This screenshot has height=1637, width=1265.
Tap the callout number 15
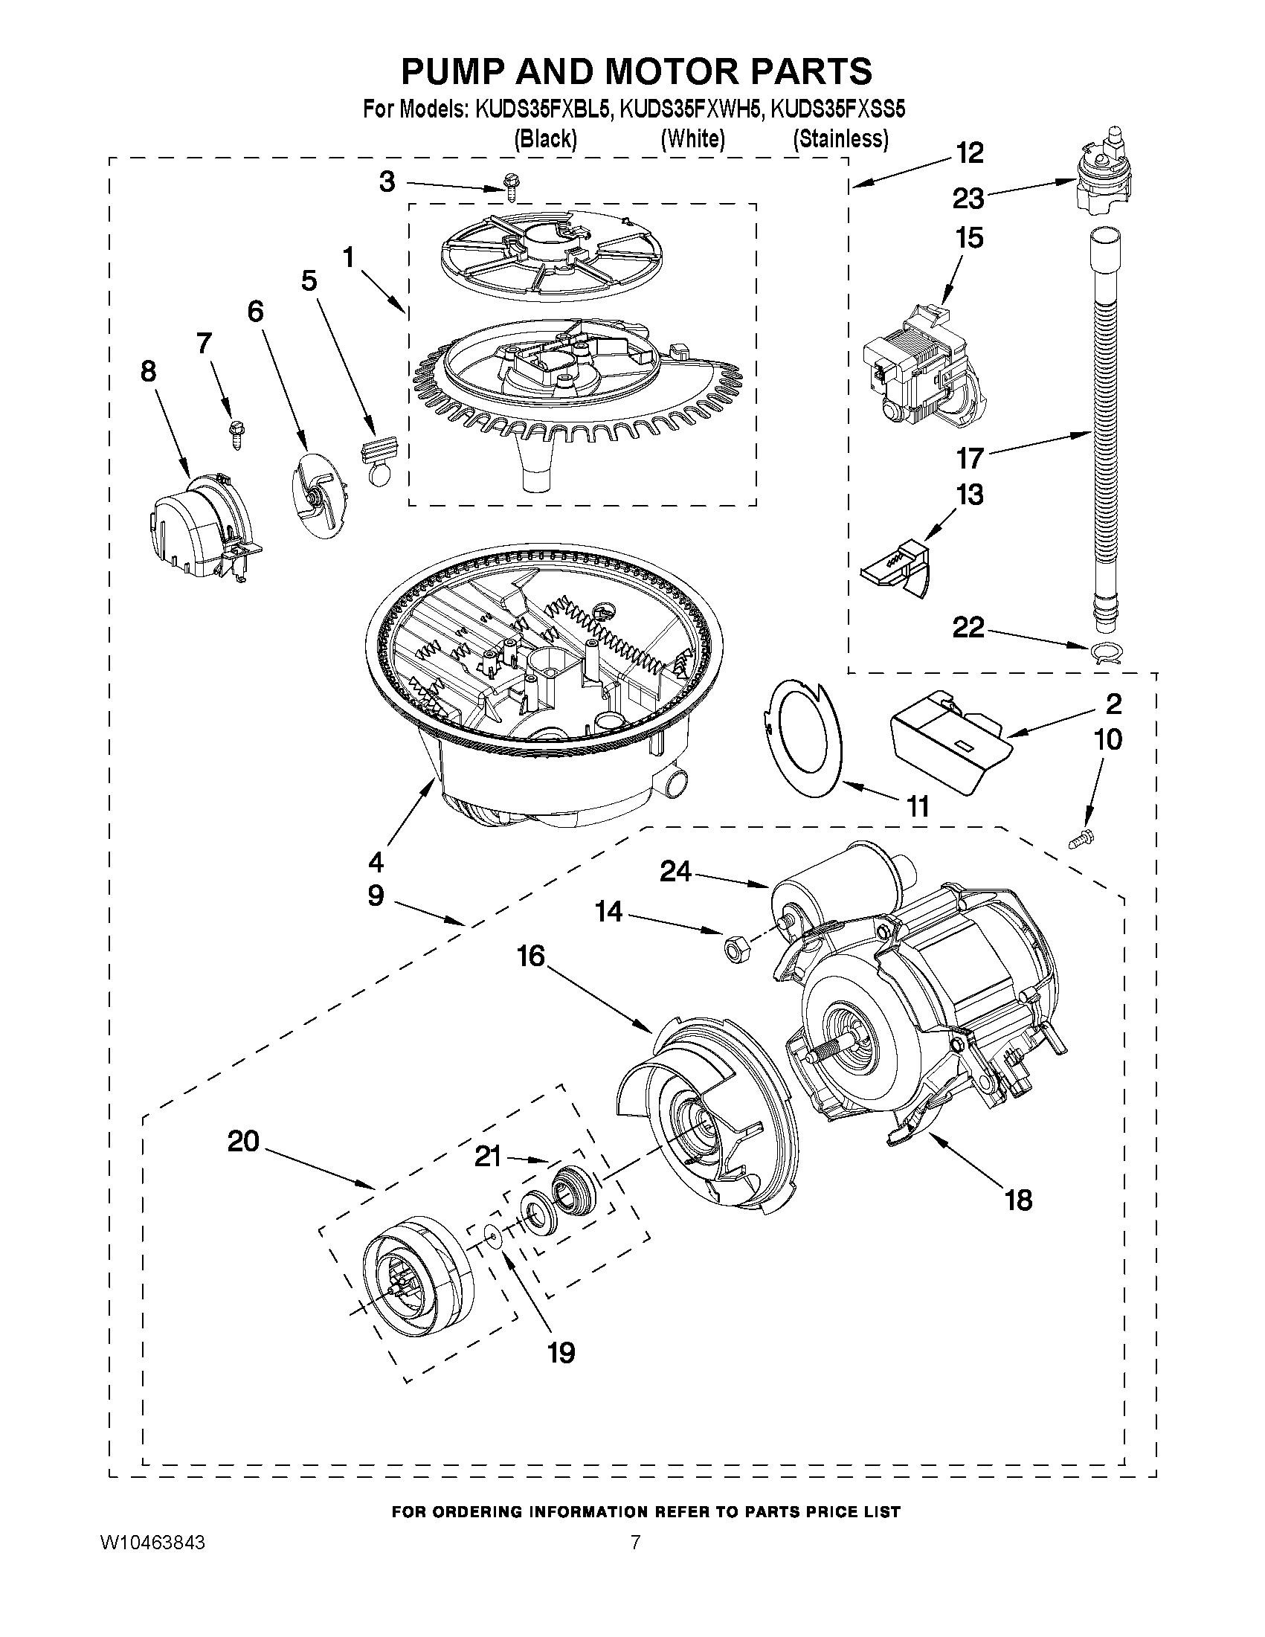[x=969, y=238]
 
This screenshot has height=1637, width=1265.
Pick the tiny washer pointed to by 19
[x=492, y=1233]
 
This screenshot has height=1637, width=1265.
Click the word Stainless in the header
[x=841, y=139]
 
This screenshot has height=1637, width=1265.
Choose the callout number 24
[x=675, y=872]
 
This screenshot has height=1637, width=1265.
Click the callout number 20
[x=244, y=1142]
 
